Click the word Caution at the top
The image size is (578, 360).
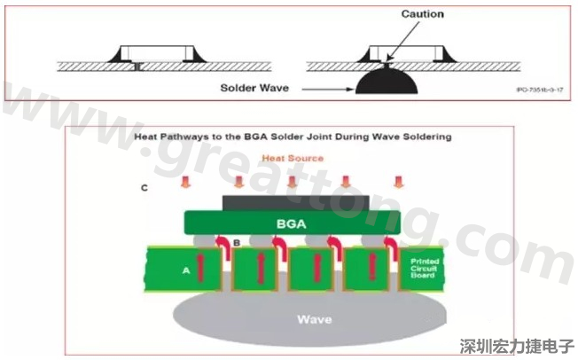pos(422,14)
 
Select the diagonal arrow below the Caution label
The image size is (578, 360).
pos(396,42)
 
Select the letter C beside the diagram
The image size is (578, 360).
pos(144,189)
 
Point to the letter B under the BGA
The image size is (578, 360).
pos(236,242)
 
